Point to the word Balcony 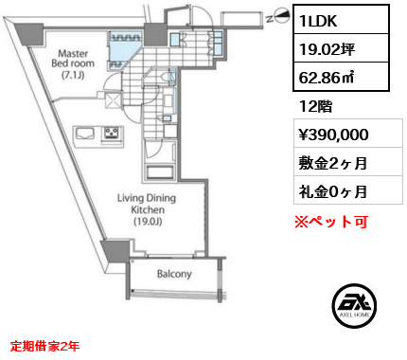pos(173,275)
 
